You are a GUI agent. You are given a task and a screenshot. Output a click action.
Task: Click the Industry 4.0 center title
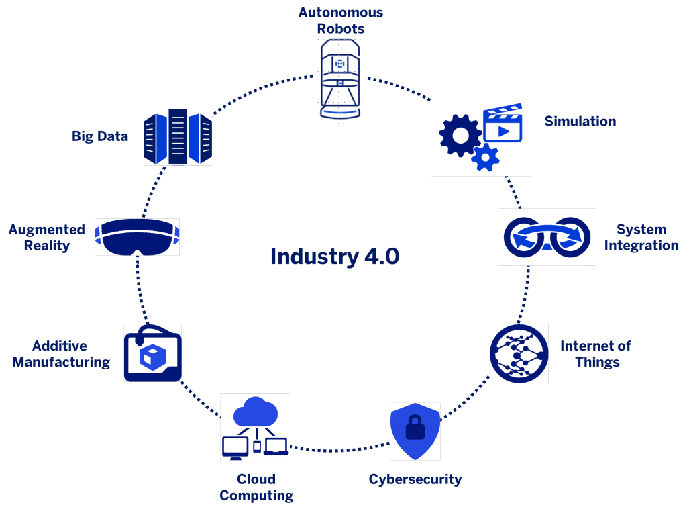(x=335, y=257)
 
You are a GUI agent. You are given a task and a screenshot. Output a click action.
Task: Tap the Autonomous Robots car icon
(x=339, y=80)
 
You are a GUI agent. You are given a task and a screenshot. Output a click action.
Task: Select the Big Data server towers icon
(x=178, y=138)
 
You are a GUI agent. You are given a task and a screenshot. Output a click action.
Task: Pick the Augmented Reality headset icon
(x=137, y=236)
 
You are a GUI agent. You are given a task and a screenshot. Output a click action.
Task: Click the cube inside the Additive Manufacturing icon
(x=148, y=356)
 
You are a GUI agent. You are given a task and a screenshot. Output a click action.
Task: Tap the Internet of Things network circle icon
(x=519, y=353)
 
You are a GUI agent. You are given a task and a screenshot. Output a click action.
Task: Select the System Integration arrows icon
(x=547, y=237)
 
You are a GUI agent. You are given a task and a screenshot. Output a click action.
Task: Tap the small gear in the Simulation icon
(x=486, y=157)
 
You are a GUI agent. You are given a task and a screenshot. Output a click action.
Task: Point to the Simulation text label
(x=580, y=122)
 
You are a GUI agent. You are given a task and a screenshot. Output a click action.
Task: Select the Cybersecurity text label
(x=415, y=480)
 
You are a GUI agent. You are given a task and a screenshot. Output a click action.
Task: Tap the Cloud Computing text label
(x=256, y=488)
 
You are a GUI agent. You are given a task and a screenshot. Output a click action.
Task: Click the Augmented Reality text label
(x=46, y=237)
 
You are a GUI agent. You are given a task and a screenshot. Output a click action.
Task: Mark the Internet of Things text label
(x=596, y=355)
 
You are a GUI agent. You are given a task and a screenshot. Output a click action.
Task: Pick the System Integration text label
(x=641, y=237)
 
